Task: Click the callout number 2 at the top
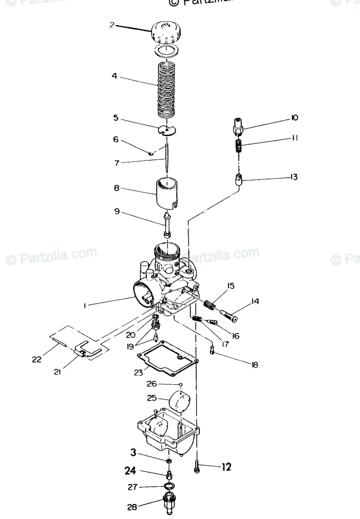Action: click(x=112, y=24)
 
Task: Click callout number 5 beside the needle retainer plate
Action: click(x=116, y=119)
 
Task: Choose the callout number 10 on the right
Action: click(x=294, y=118)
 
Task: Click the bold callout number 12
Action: click(x=227, y=467)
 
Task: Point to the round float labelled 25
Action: click(x=179, y=401)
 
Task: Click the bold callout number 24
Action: click(x=131, y=470)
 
